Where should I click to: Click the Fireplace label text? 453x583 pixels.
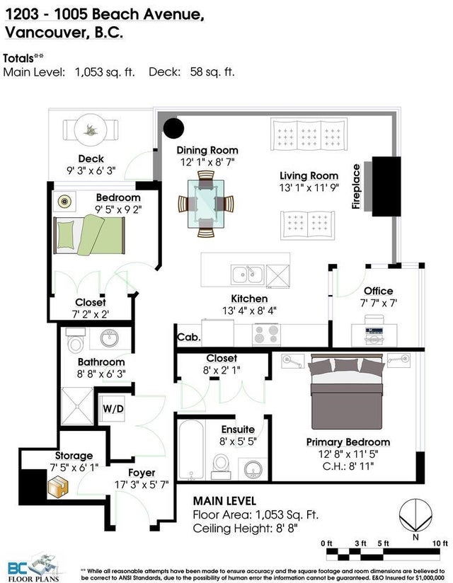point(356,186)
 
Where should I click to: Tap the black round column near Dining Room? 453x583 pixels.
point(173,128)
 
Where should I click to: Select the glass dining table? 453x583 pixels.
point(206,204)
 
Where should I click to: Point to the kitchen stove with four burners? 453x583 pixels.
point(266,334)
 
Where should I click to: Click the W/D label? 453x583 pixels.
point(113,409)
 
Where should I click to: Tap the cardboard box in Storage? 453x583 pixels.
point(57,487)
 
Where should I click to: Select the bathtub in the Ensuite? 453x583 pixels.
point(191,449)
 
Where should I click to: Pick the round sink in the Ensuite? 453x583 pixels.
point(253,470)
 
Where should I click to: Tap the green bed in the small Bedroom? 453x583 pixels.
point(89,235)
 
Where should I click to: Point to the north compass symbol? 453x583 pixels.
point(415,516)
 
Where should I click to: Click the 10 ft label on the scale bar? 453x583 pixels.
point(440,543)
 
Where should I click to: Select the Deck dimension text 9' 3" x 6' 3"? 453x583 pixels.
point(91,171)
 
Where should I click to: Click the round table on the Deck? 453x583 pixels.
point(91,129)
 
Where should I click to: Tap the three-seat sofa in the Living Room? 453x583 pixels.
point(309,134)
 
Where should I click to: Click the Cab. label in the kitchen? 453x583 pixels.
point(188,337)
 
